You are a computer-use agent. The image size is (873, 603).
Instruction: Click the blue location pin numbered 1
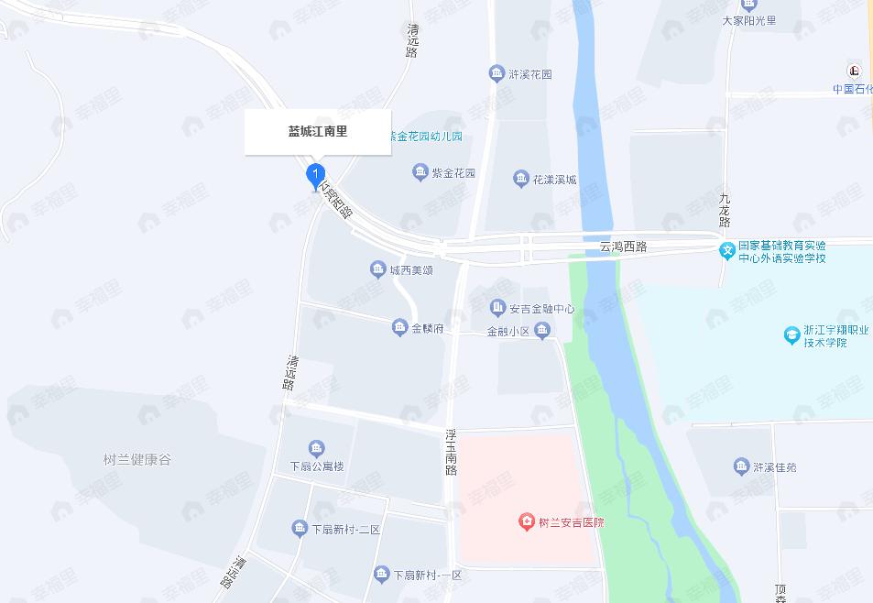coord(314,172)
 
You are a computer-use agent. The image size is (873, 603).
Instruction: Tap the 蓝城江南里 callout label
coord(318,132)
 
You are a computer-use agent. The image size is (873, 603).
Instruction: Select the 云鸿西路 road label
coord(623,247)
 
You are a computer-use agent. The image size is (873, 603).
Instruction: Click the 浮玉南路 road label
coord(451,451)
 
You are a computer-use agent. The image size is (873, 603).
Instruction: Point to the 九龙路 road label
coord(725,210)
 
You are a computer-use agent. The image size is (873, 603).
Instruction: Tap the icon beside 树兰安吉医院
coord(527,522)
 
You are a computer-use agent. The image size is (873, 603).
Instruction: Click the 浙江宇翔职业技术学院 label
coord(835,336)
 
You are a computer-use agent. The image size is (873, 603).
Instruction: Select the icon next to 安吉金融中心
coord(497,308)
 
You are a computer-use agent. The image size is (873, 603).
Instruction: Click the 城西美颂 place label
coord(410,270)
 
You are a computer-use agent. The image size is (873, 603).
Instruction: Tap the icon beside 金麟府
coord(399,327)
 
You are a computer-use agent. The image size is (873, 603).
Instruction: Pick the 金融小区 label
coord(508,333)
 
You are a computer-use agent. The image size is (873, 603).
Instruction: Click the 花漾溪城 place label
coord(555,180)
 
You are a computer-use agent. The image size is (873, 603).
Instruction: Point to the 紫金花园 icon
coord(420,172)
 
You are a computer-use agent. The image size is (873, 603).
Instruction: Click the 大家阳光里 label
coord(748,20)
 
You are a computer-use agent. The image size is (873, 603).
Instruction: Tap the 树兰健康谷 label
coord(137,459)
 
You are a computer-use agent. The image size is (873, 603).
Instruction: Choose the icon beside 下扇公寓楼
coord(316,448)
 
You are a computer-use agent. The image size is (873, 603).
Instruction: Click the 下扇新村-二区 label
coord(345,530)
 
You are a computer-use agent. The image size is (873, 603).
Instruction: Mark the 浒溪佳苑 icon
coord(741,466)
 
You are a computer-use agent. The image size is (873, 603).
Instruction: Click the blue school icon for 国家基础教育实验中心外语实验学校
coord(726,250)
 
